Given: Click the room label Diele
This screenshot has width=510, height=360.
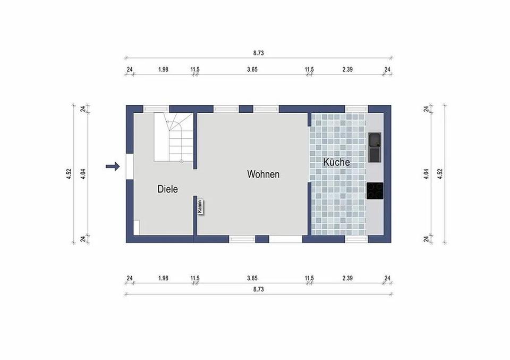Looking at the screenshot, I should tap(167, 189).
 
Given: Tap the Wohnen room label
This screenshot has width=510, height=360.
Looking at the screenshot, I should tap(263, 174).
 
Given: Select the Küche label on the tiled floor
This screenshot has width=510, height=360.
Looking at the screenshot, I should tap(337, 162).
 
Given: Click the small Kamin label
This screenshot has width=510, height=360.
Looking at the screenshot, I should tap(200, 207).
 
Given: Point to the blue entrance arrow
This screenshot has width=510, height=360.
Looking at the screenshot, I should tap(113, 167).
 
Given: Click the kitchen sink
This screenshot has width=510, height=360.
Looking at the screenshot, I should tap(375, 147).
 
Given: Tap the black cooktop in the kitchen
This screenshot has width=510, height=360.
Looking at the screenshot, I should tap(375, 191).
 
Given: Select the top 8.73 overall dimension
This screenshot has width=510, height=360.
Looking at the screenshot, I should tap(259, 53).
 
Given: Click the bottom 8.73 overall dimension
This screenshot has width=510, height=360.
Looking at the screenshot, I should tap(259, 289).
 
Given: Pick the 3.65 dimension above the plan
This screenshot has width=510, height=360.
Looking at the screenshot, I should tap(252, 70).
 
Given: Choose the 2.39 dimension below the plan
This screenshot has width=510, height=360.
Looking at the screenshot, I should tap(348, 278).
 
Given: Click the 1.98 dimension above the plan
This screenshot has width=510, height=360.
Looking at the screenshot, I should tap(163, 70).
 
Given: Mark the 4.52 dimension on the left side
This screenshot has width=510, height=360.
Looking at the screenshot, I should tap(69, 174).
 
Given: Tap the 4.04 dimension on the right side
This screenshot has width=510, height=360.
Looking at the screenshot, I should tap(426, 174).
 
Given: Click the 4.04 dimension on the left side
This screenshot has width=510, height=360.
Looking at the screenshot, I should tap(83, 174).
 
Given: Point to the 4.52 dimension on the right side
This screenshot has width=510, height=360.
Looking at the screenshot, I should tap(440, 174).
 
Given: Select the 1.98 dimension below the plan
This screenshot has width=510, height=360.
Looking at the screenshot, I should tap(163, 278).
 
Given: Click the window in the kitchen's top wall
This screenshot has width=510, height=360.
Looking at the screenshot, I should tap(356, 109).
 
